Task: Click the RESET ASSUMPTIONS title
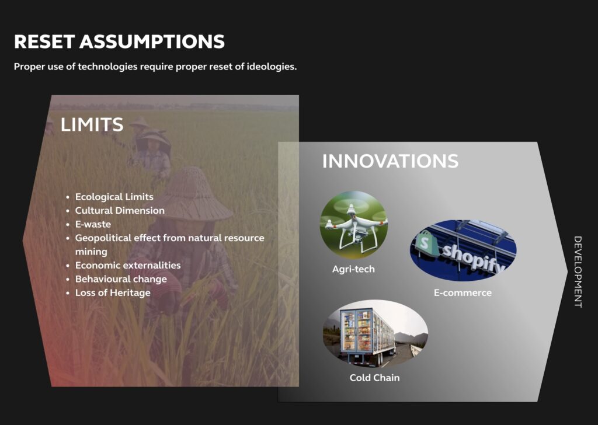[x=119, y=41]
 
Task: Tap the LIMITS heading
[x=92, y=125]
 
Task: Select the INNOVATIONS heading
[x=390, y=161]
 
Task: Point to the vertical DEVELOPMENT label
[x=578, y=272]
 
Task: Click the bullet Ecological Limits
[x=114, y=197]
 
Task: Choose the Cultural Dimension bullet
[x=120, y=210]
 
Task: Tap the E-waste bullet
[x=93, y=224]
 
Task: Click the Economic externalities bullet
[x=128, y=265]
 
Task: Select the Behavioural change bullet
[x=121, y=279]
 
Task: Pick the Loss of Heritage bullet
[x=113, y=292]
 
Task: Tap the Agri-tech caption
[x=353, y=269]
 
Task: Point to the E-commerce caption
[x=463, y=292]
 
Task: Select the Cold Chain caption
[x=374, y=378]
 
